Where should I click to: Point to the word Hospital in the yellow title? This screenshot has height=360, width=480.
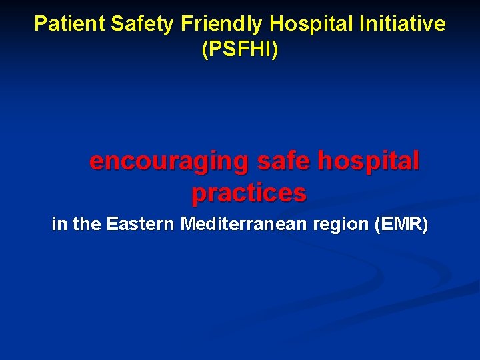click(x=312, y=24)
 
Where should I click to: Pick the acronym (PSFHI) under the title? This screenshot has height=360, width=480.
click(x=240, y=49)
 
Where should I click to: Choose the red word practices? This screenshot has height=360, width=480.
click(x=249, y=193)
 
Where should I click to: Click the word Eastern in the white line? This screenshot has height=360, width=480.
click(x=141, y=225)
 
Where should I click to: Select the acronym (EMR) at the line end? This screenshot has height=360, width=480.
click(x=402, y=225)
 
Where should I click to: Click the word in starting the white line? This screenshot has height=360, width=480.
click(x=59, y=225)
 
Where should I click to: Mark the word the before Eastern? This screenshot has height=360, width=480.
click(x=87, y=225)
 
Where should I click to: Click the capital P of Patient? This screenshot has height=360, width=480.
click(x=40, y=24)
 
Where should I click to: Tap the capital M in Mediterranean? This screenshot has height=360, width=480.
click(x=188, y=225)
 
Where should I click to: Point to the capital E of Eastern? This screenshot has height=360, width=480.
click(x=112, y=225)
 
